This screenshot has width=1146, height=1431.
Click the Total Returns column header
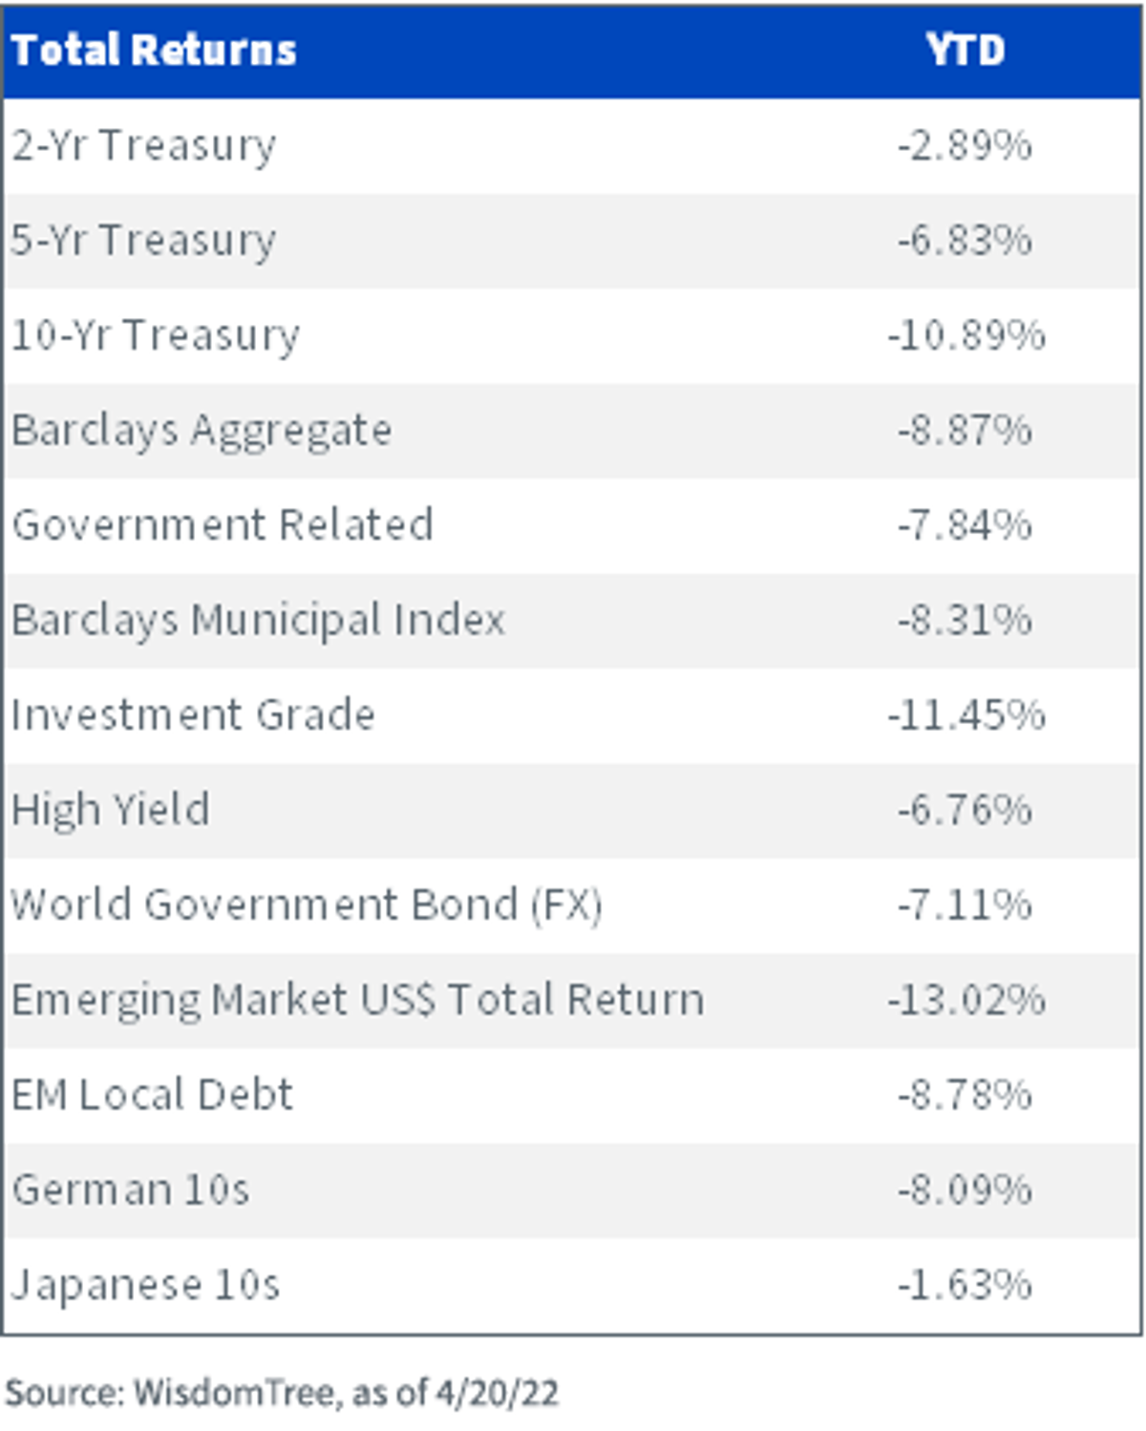coord(154,51)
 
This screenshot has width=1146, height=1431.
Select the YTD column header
coord(966,51)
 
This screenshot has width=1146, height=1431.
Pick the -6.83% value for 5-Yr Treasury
coord(966,240)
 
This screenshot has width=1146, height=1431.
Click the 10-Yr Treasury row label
coord(155,336)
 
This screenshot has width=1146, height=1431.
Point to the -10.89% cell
coord(966,335)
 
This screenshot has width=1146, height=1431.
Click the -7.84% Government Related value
coord(966,525)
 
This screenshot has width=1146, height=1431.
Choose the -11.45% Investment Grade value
coord(966,715)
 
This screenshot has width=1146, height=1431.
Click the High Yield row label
coord(111,811)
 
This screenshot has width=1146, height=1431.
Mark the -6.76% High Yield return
coord(966,810)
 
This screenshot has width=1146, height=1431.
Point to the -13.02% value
coord(966,1000)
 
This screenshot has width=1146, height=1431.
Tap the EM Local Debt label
coord(152,1095)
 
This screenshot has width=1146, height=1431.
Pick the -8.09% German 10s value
coord(966,1190)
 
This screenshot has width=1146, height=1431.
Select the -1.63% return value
coord(966,1285)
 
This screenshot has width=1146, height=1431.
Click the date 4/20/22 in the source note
coord(497,1393)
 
